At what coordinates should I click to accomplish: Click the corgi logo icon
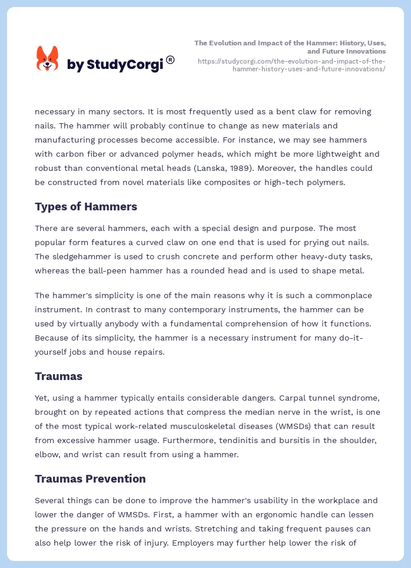[47, 59]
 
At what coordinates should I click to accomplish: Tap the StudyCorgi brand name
[115, 65]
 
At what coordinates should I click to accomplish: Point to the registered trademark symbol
[170, 59]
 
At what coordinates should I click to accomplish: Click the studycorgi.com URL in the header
[291, 65]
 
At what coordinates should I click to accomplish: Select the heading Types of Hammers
[86, 206]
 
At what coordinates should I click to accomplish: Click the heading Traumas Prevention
[90, 478]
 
